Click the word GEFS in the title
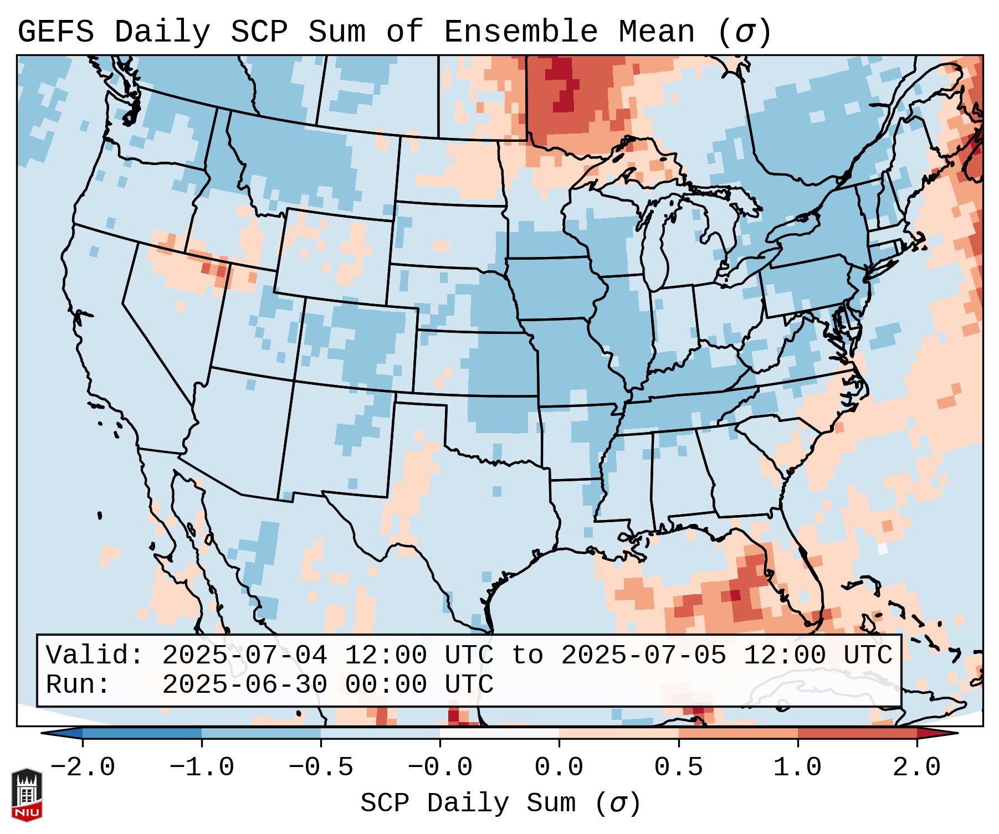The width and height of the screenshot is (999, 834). pos(55,32)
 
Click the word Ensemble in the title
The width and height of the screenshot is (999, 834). pos(521,32)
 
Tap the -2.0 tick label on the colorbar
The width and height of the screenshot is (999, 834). pos(83,768)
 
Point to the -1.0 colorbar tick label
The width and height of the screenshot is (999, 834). pos(202,768)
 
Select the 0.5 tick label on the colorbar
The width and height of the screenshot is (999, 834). pos(679,768)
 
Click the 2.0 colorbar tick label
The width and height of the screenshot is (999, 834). pos(917,768)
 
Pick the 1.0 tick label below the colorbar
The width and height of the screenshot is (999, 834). pos(798,768)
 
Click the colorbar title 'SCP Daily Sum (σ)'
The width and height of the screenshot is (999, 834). pos(500,803)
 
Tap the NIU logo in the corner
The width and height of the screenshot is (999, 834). pos(27,795)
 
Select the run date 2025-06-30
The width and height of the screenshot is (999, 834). pos(244,685)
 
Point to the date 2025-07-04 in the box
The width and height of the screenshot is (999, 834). pos(244,656)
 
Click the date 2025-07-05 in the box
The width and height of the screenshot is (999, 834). pos(643,656)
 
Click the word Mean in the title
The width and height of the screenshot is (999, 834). pos(657,32)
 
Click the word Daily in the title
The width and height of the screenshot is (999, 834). pos(162,32)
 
